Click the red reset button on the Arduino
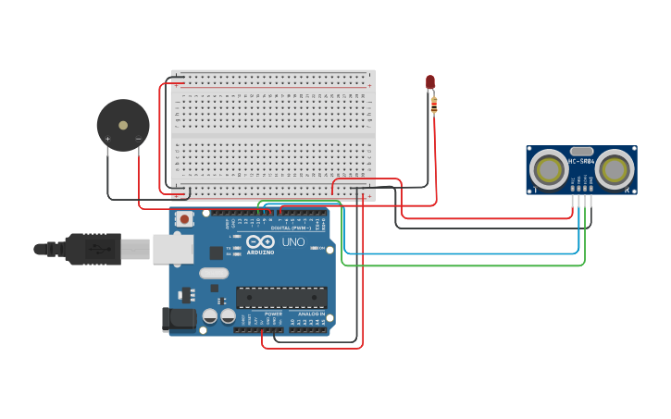point(184,219)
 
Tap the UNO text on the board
point(292,242)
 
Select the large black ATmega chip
point(281,297)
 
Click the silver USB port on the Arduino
point(173,249)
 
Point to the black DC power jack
point(179,319)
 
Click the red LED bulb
point(430,83)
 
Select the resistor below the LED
point(434,105)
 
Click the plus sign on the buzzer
point(107,140)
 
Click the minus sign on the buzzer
point(138,140)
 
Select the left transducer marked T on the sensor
point(550,169)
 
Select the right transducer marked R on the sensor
point(614,169)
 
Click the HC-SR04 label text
point(581,162)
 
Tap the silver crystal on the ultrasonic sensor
point(581,151)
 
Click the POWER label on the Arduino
point(273,314)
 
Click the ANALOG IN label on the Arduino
point(310,314)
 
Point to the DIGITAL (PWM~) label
point(292,228)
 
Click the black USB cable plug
point(93,249)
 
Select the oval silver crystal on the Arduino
point(213,273)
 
